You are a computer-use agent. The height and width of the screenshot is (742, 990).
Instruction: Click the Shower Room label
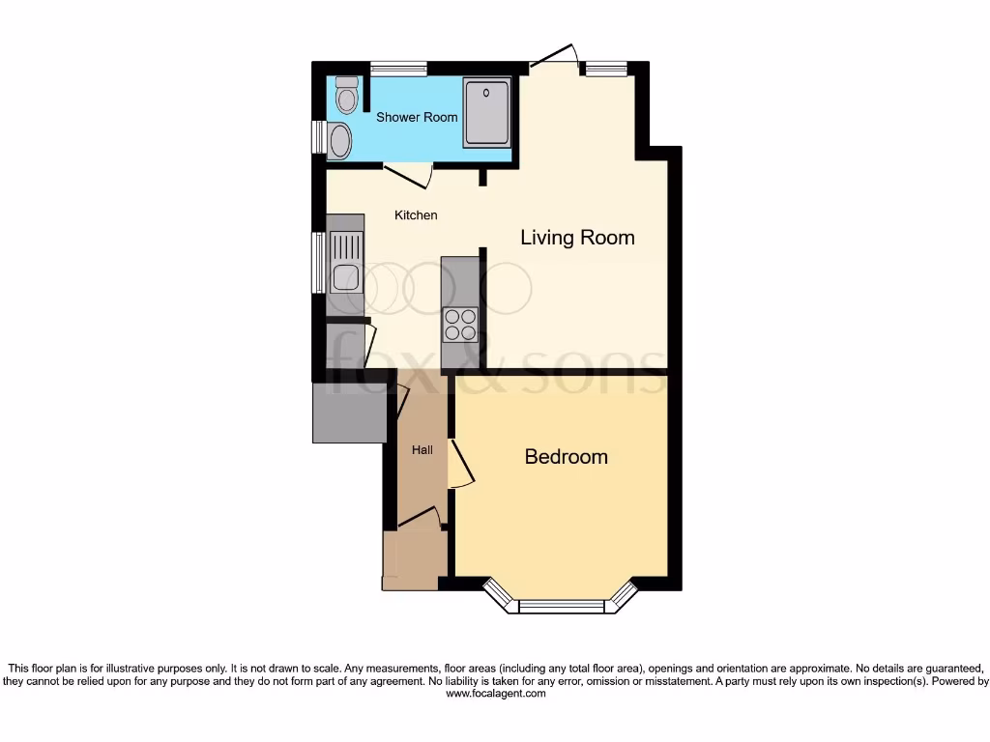[417, 117]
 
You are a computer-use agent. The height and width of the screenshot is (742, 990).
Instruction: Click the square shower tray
[486, 113]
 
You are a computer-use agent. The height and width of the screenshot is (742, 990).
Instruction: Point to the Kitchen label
[416, 214]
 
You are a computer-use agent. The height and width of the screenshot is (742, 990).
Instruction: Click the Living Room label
[577, 237]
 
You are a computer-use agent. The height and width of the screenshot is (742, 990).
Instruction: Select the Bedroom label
[566, 457]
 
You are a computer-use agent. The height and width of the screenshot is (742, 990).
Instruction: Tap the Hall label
[422, 450]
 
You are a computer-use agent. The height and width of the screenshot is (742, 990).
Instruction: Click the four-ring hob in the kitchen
[460, 324]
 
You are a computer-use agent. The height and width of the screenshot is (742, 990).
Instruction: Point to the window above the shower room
[398, 68]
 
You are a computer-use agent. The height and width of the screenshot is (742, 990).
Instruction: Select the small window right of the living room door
[605, 68]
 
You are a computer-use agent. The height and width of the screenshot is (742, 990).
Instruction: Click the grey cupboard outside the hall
[348, 413]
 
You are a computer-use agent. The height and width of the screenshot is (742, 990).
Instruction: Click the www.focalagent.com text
[494, 694]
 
